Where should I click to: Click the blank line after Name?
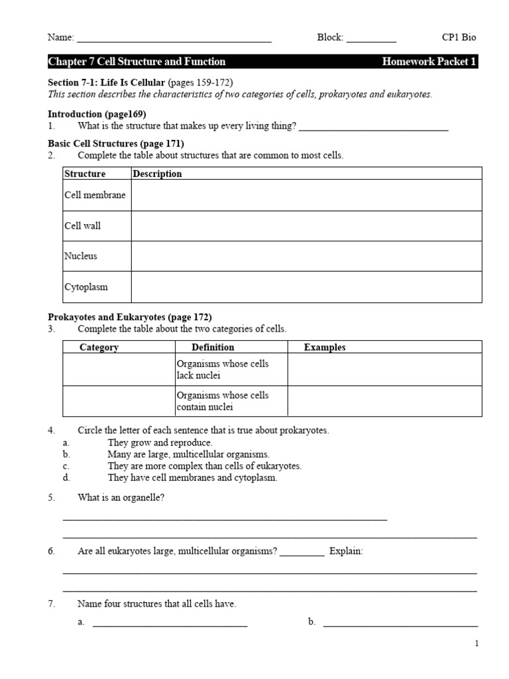point(174,39)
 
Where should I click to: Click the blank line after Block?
point(371,39)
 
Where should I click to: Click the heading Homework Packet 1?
point(429,62)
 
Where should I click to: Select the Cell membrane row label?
point(95,195)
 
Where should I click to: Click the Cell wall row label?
point(83,225)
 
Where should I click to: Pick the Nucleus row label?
point(81,256)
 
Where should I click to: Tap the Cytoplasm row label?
point(86,287)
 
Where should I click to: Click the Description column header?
point(157,174)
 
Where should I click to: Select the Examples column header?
point(325,347)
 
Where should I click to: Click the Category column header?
point(99,347)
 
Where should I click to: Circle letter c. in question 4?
point(66,466)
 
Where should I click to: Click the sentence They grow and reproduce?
point(160,442)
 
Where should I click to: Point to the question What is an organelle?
point(121,497)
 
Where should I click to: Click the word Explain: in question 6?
point(346,552)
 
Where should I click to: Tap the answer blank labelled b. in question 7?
point(400,623)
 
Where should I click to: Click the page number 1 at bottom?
point(476,643)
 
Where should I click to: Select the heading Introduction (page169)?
point(97,114)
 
